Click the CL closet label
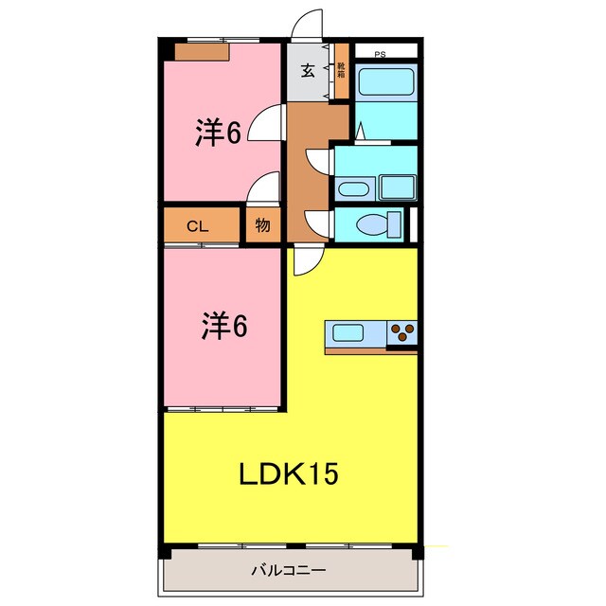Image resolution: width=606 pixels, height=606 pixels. (x=197, y=225)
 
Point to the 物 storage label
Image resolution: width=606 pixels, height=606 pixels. (x=262, y=225)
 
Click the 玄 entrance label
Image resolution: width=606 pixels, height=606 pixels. (x=310, y=70)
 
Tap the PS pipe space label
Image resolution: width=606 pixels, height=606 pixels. (x=380, y=54)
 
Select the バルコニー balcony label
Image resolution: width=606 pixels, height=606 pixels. (x=289, y=571)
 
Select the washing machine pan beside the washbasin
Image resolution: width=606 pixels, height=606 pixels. (x=397, y=187)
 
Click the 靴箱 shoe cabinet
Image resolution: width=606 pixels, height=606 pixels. (x=341, y=79)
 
